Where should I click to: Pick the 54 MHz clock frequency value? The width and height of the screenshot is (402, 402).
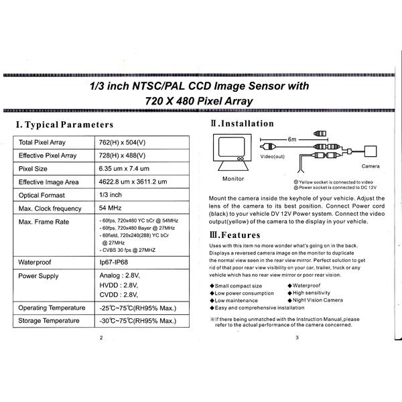pyautogui.click(x=111, y=208)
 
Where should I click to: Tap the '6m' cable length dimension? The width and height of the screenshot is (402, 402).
pyautogui.click(x=291, y=139)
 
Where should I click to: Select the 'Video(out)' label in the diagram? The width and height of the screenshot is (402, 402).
pyautogui.click(x=273, y=156)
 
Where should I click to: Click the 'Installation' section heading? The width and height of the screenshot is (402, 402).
pyautogui.click(x=243, y=123)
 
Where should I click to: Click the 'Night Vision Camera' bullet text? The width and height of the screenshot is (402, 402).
pyautogui.click(x=318, y=300)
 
